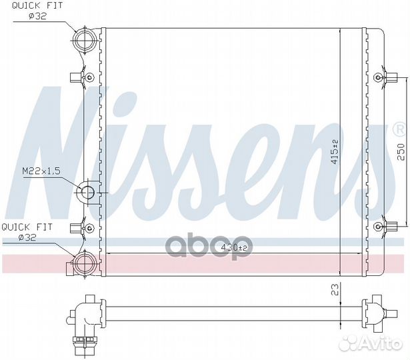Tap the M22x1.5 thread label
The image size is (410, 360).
pyautogui.click(x=41, y=172)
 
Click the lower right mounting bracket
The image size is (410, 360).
pyautogui.click(x=380, y=227)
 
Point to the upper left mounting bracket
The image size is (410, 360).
pyautogui.click(x=83, y=78)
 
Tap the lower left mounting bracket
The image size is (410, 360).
pyautogui.click(x=83, y=228)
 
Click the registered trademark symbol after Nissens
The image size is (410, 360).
pyautogui.click(x=399, y=129)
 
